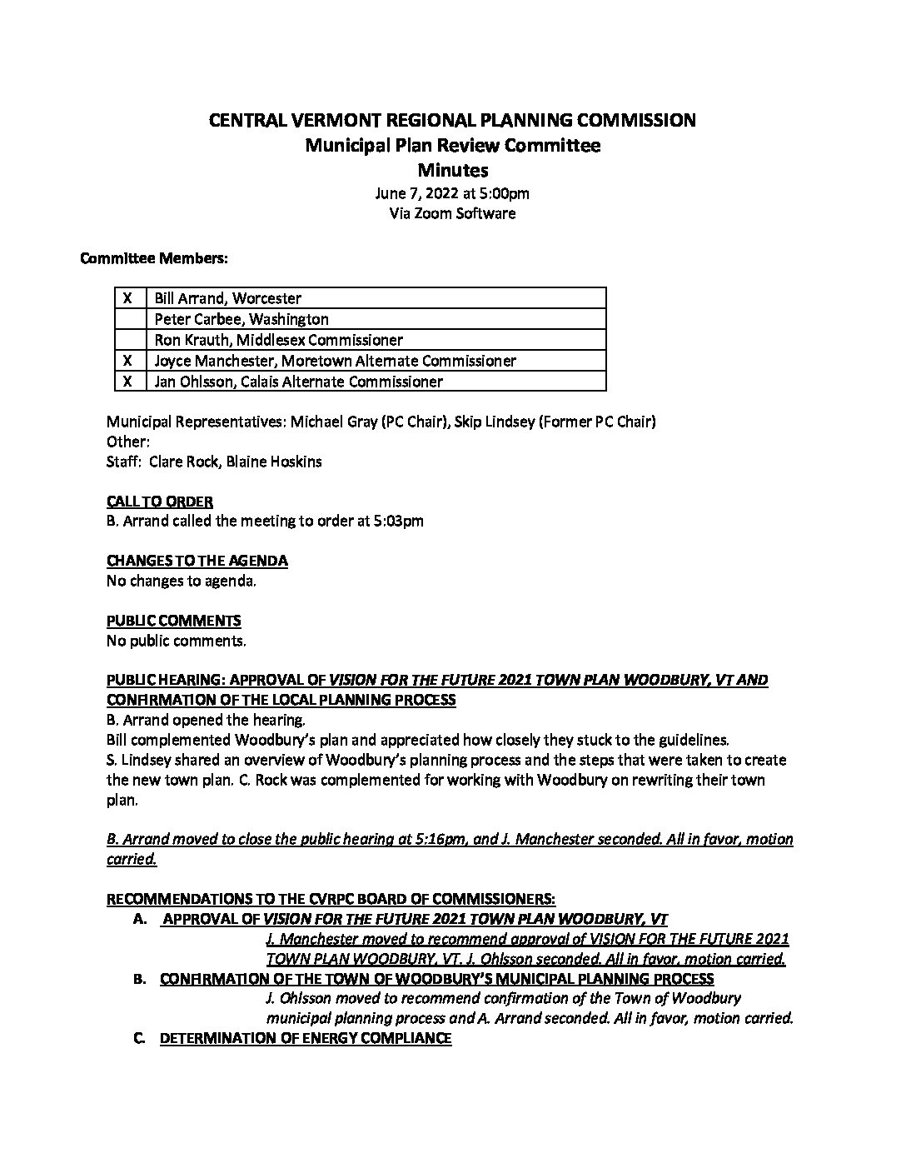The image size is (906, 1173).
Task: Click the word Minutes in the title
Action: (452, 171)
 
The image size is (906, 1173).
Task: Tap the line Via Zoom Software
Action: (452, 213)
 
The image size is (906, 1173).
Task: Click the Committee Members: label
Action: (153, 258)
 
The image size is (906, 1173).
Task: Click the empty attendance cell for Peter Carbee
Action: (130, 319)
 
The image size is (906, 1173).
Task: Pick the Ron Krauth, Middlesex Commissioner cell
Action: (279, 340)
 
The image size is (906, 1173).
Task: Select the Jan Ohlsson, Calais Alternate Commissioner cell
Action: (298, 382)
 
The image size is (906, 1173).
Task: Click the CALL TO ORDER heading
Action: (160, 502)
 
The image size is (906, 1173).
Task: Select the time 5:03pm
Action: (397, 522)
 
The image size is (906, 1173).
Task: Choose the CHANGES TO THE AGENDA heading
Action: (197, 561)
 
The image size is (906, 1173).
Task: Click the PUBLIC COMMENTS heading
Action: (174, 621)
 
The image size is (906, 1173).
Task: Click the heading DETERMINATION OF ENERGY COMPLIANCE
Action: (306, 1038)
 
